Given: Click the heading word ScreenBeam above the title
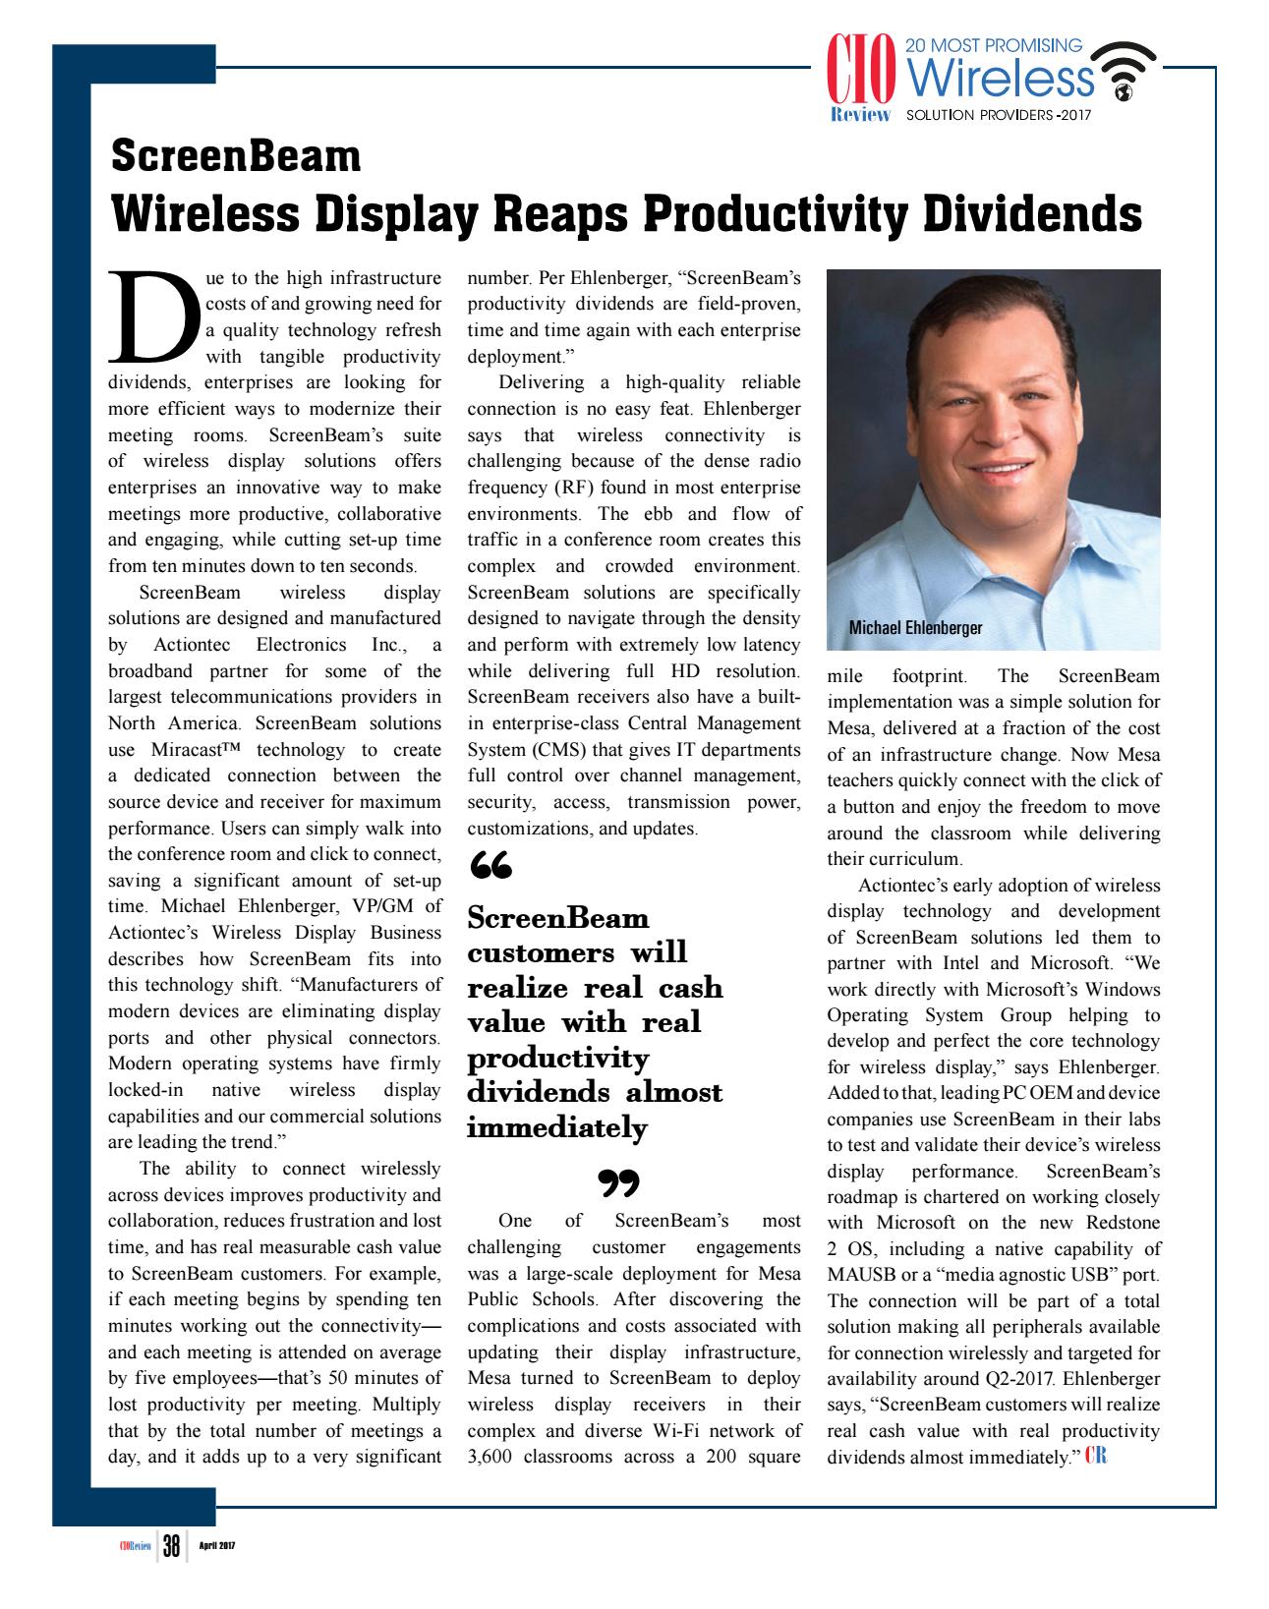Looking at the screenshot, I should click(x=236, y=155).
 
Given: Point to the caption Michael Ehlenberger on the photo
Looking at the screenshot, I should click(x=915, y=627).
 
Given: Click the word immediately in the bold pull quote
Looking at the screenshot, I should click(x=556, y=1127).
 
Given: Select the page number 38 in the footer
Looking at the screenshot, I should click(x=172, y=1547).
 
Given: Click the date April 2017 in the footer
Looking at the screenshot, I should click(x=216, y=1547).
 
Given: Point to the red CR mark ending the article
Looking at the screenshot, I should click(x=1096, y=1457).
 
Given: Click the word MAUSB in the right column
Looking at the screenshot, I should click(x=858, y=1275).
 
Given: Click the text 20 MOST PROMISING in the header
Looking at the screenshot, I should click(x=992, y=45).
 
